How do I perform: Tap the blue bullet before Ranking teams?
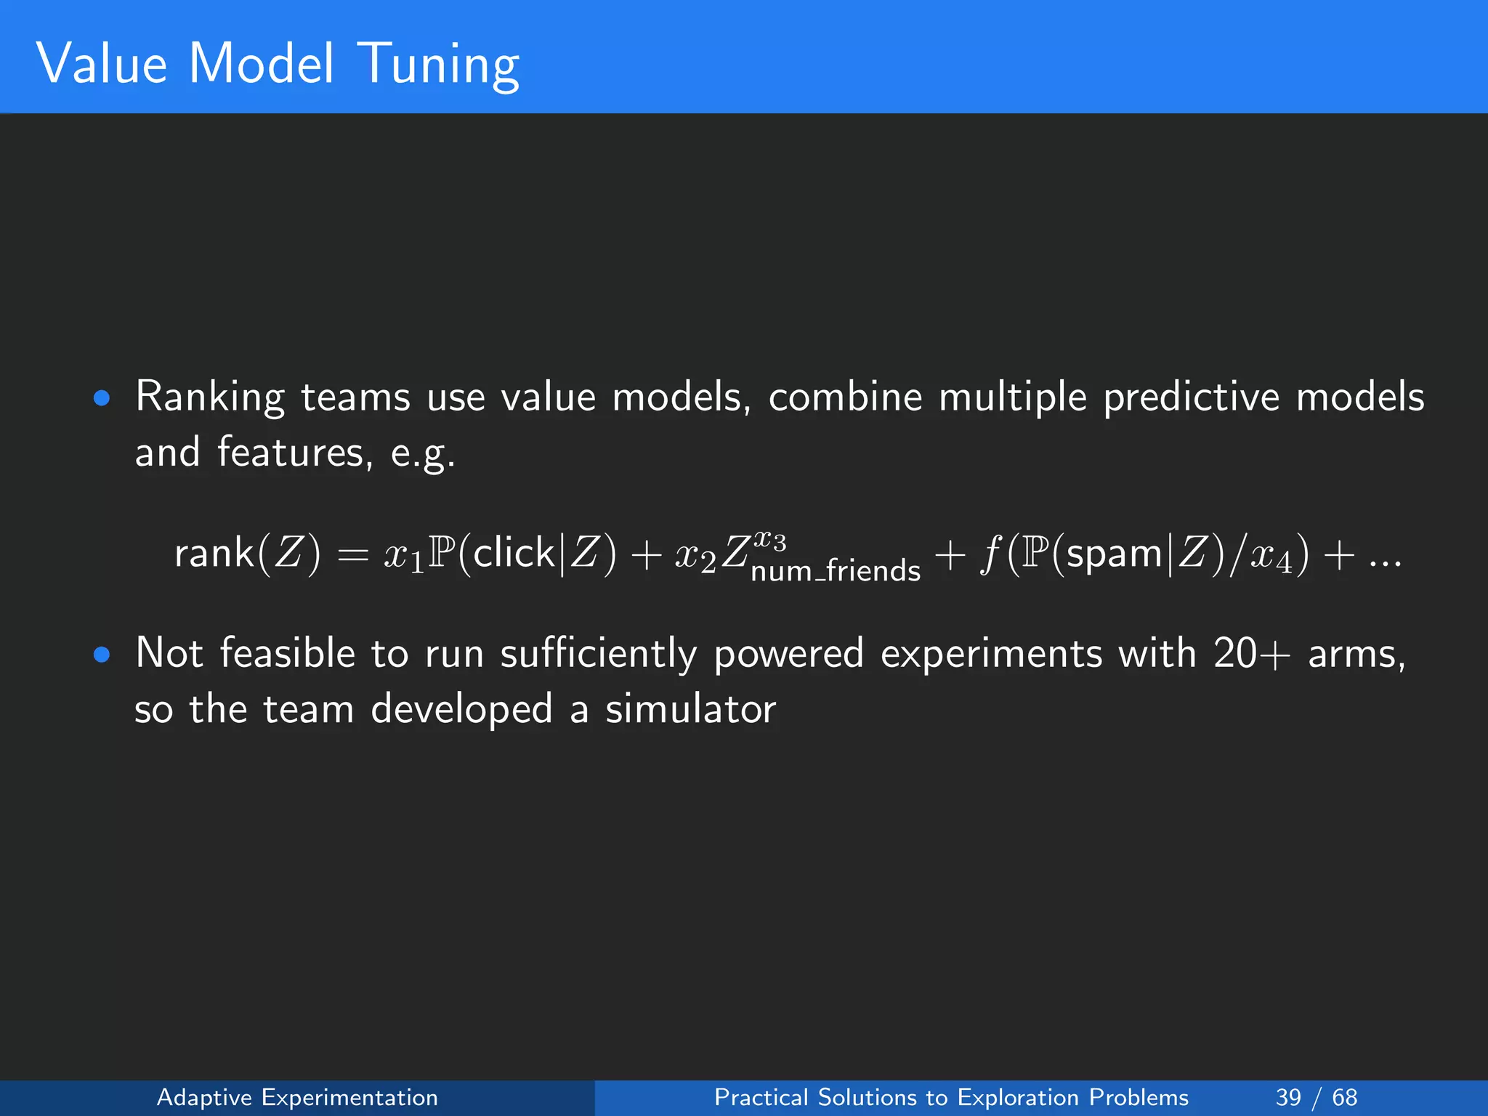(102, 398)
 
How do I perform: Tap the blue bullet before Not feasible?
(102, 655)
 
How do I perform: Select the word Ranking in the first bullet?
(210, 398)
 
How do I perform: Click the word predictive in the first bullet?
(1191, 397)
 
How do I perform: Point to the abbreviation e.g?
(423, 454)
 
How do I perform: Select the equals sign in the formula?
(353, 556)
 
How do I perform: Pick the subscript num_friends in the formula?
(836, 572)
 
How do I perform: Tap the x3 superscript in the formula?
(769, 541)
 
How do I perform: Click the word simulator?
(690, 709)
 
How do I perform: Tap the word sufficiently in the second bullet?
(598, 654)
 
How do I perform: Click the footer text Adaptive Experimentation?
(297, 1097)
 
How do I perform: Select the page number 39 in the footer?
(1288, 1097)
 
